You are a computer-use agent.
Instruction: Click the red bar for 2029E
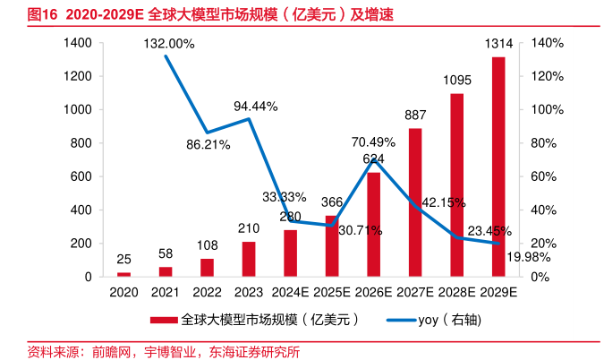[498, 167]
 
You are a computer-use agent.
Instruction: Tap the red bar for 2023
[248, 259]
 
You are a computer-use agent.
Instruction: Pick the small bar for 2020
[123, 274]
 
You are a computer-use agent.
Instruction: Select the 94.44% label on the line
[256, 106]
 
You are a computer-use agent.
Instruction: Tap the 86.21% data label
[208, 143]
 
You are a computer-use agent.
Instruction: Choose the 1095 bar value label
[456, 80]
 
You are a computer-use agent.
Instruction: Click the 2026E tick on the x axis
[373, 293]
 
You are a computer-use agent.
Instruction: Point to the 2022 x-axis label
[207, 293]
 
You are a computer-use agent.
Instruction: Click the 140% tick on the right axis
[545, 43]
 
